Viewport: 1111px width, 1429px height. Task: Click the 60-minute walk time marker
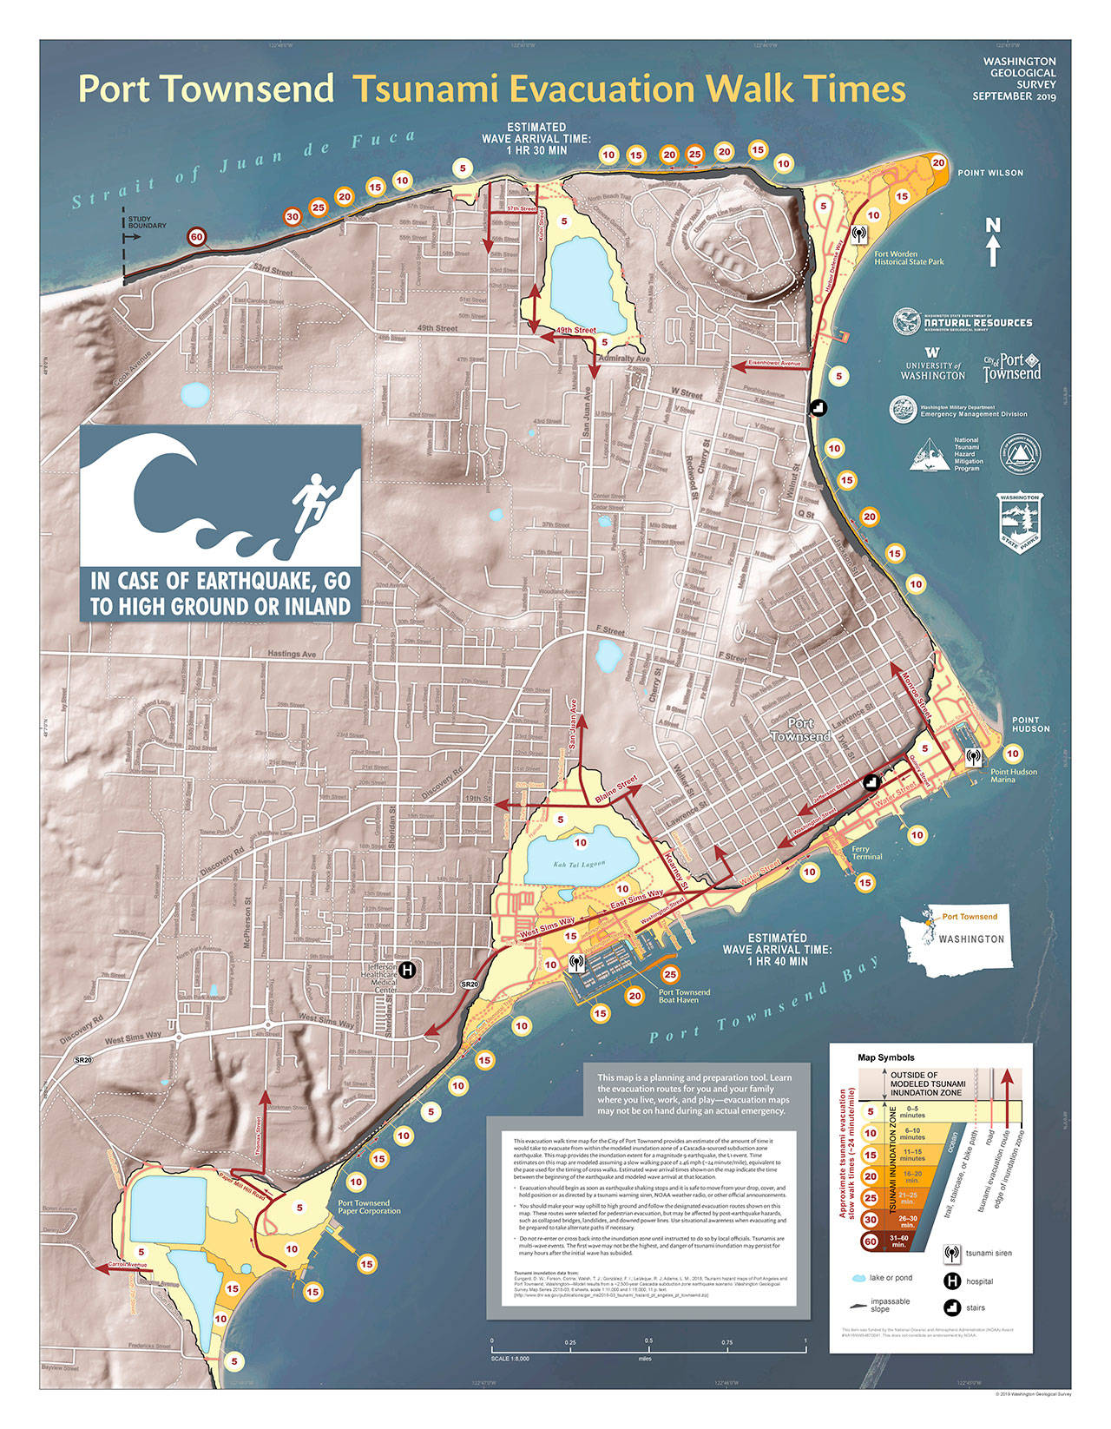[x=197, y=237]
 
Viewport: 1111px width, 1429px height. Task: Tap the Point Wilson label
[x=990, y=173]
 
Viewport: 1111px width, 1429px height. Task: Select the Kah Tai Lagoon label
[x=578, y=864]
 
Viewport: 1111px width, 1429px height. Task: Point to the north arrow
[x=993, y=242]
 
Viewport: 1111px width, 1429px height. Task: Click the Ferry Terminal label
[x=866, y=853]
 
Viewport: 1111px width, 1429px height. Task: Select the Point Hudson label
[x=1030, y=724]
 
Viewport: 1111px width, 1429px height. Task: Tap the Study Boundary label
[x=147, y=222]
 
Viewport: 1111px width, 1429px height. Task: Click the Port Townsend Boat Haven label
[x=684, y=996]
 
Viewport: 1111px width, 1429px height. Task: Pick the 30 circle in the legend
[x=871, y=1220]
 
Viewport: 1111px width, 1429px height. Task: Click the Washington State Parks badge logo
[x=1020, y=524]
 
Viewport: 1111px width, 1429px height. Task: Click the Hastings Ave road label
[x=292, y=654]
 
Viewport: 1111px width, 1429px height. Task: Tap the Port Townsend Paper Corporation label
[x=364, y=1207]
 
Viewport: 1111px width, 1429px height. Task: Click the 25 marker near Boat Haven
[x=670, y=975]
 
